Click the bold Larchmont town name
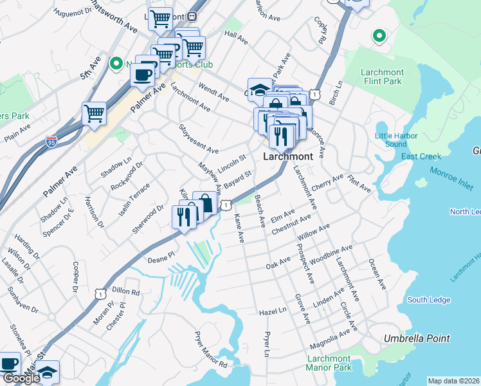287,156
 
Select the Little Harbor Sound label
396,140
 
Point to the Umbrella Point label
417,338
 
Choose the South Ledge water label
429,300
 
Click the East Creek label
421,156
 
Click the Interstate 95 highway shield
52,141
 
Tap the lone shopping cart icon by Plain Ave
95,114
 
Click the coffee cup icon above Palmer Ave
142,74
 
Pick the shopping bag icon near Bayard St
204,203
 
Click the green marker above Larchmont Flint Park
379,36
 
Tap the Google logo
21,378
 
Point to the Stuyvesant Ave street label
198,140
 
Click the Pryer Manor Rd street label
212,350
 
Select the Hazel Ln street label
272,311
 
